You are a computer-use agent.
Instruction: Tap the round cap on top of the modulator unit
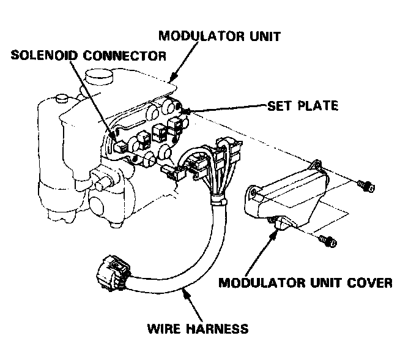click(x=98, y=78)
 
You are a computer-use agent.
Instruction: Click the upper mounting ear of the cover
click(x=315, y=165)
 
